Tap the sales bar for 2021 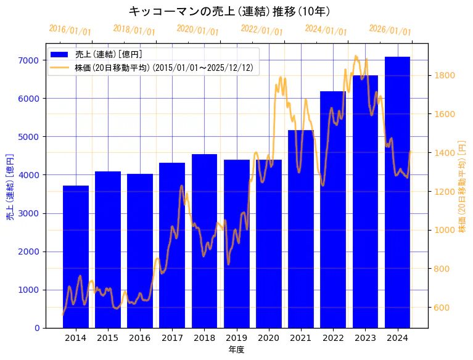tap(301, 229)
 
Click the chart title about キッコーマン tap(229, 11)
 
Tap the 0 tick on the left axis tap(37, 328)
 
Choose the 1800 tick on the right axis tap(445, 76)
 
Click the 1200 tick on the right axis tap(445, 192)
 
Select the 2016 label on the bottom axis tap(140, 338)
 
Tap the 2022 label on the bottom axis tap(333, 338)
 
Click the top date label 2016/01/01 tap(70, 30)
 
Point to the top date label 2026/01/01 tap(390, 30)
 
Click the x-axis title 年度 tap(236, 350)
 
